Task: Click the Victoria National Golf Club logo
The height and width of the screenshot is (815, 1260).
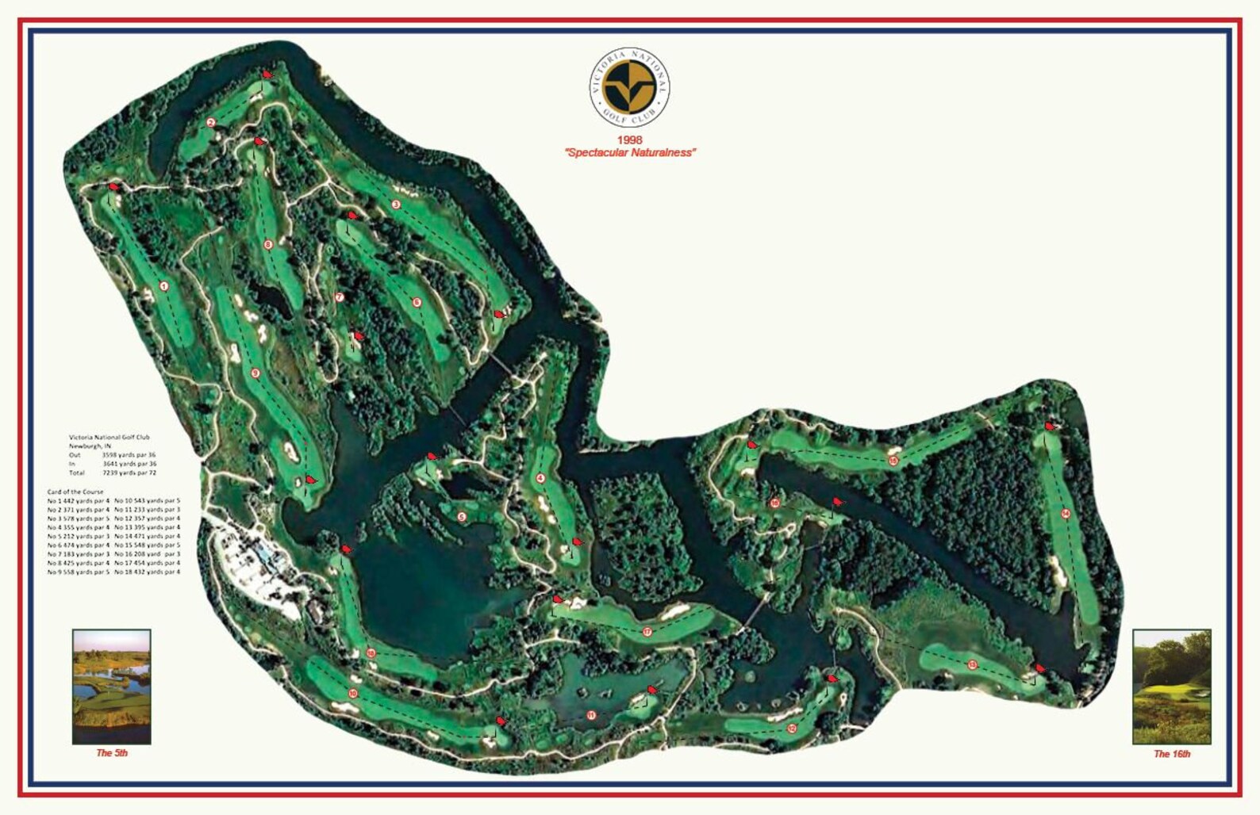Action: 629,86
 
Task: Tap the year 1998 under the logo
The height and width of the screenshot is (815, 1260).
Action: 629,140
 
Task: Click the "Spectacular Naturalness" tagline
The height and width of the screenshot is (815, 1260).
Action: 630,152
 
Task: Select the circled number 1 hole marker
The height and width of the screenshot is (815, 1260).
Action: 164,286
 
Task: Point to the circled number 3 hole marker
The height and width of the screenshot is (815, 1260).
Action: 395,205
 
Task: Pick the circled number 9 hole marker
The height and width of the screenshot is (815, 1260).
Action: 255,373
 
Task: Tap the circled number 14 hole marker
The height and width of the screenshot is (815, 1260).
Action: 1065,514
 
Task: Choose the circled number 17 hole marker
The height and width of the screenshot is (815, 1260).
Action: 647,632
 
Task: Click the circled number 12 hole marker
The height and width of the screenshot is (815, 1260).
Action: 791,728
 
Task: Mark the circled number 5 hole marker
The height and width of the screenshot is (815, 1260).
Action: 461,517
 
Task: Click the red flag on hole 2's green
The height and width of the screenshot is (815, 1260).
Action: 267,75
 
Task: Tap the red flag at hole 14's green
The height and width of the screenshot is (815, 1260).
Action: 1050,427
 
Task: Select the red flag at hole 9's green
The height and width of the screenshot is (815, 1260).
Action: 310,480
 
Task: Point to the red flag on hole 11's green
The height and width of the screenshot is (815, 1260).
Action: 652,689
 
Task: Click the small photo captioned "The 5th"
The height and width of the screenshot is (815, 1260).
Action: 111,687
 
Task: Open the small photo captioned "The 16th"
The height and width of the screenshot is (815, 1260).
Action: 1171,687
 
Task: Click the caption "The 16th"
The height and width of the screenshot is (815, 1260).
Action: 1171,754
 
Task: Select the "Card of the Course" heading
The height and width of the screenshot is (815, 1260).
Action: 75,492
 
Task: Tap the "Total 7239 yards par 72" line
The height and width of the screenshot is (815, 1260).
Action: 113,473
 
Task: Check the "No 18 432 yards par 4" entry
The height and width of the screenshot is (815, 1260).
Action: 148,572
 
